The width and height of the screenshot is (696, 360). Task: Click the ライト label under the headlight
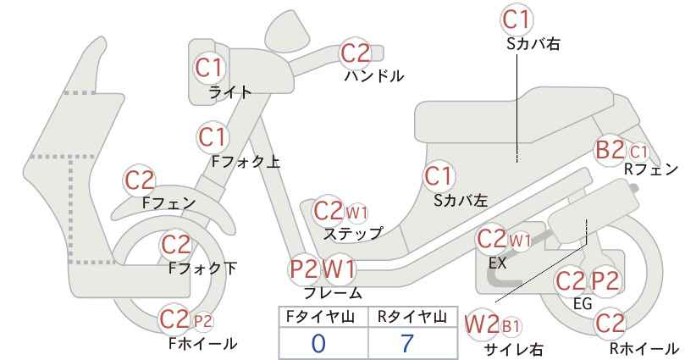[230, 92]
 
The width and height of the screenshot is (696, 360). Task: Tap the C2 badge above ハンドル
[356, 53]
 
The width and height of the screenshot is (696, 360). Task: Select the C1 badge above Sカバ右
[517, 19]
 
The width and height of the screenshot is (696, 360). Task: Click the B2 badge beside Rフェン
[610, 150]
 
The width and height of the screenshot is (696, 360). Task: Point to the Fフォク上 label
[246, 161]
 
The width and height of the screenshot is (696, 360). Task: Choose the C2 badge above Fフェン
[140, 180]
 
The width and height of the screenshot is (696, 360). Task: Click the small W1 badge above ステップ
[356, 213]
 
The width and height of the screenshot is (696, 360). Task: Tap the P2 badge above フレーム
[304, 269]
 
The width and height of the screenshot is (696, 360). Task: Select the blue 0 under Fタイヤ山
[318, 343]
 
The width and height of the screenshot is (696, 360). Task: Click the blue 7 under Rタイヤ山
[406, 343]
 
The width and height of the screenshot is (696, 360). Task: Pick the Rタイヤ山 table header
[412, 317]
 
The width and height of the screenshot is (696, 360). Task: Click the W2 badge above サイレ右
[482, 325]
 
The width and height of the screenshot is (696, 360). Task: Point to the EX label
[497, 263]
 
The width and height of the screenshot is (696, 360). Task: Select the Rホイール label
[644, 348]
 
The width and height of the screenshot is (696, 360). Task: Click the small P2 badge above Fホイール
[203, 321]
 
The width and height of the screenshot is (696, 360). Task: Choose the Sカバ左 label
[461, 201]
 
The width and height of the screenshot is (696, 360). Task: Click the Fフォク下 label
[203, 269]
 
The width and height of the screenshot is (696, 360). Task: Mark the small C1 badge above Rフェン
[638, 152]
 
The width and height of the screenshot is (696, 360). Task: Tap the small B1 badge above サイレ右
[511, 327]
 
